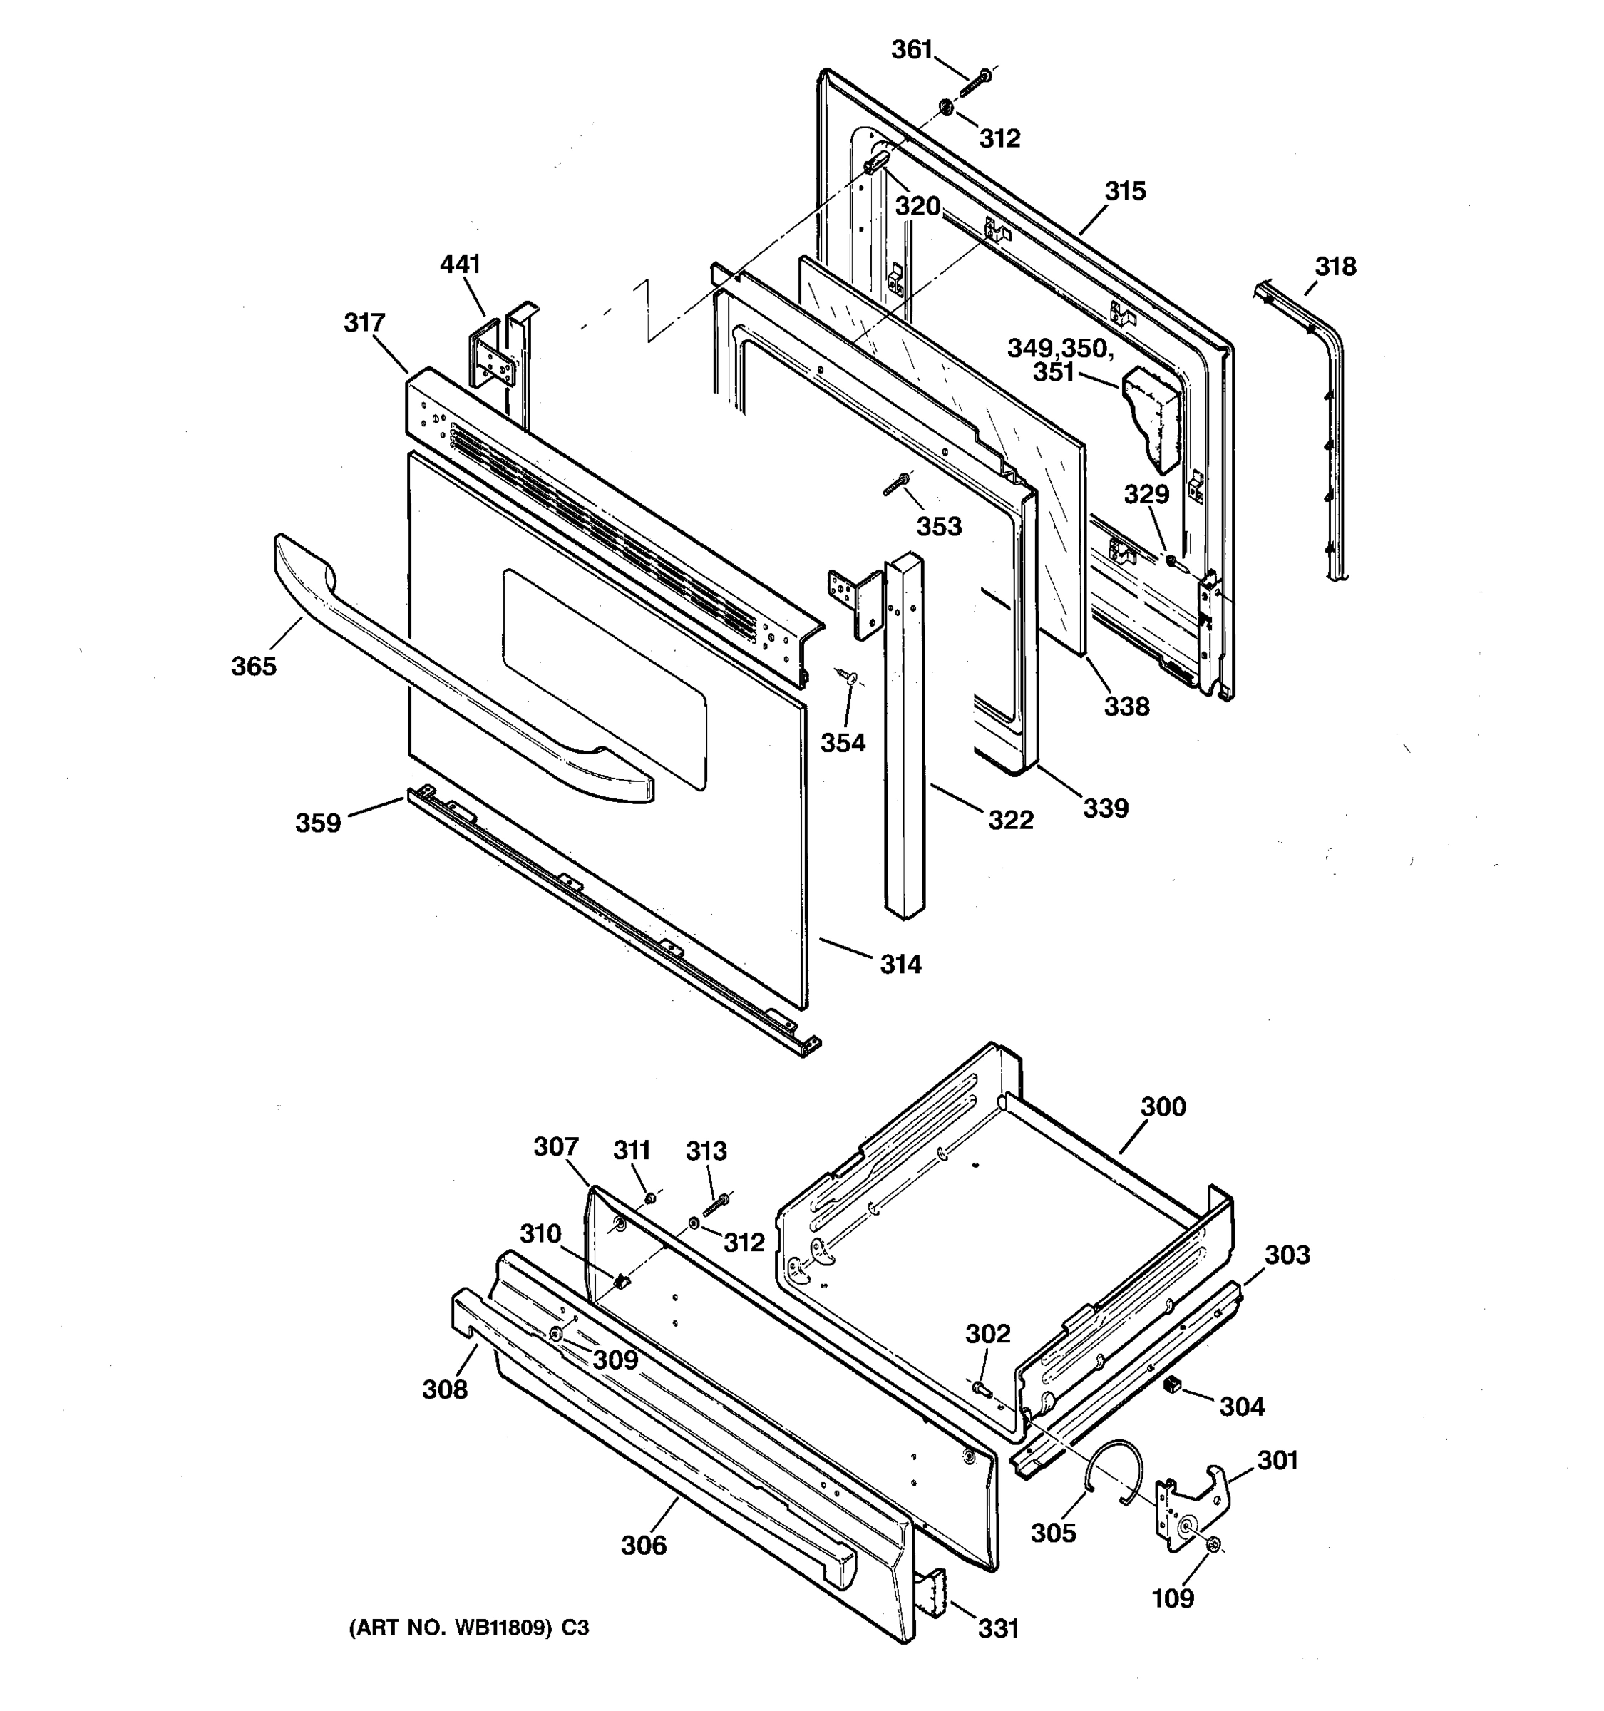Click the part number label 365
tap(254, 666)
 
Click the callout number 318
tap(1335, 267)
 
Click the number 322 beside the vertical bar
tap(1010, 821)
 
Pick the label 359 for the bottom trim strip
tap(319, 823)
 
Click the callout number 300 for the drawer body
tap(1163, 1107)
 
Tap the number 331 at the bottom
tap(998, 1629)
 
